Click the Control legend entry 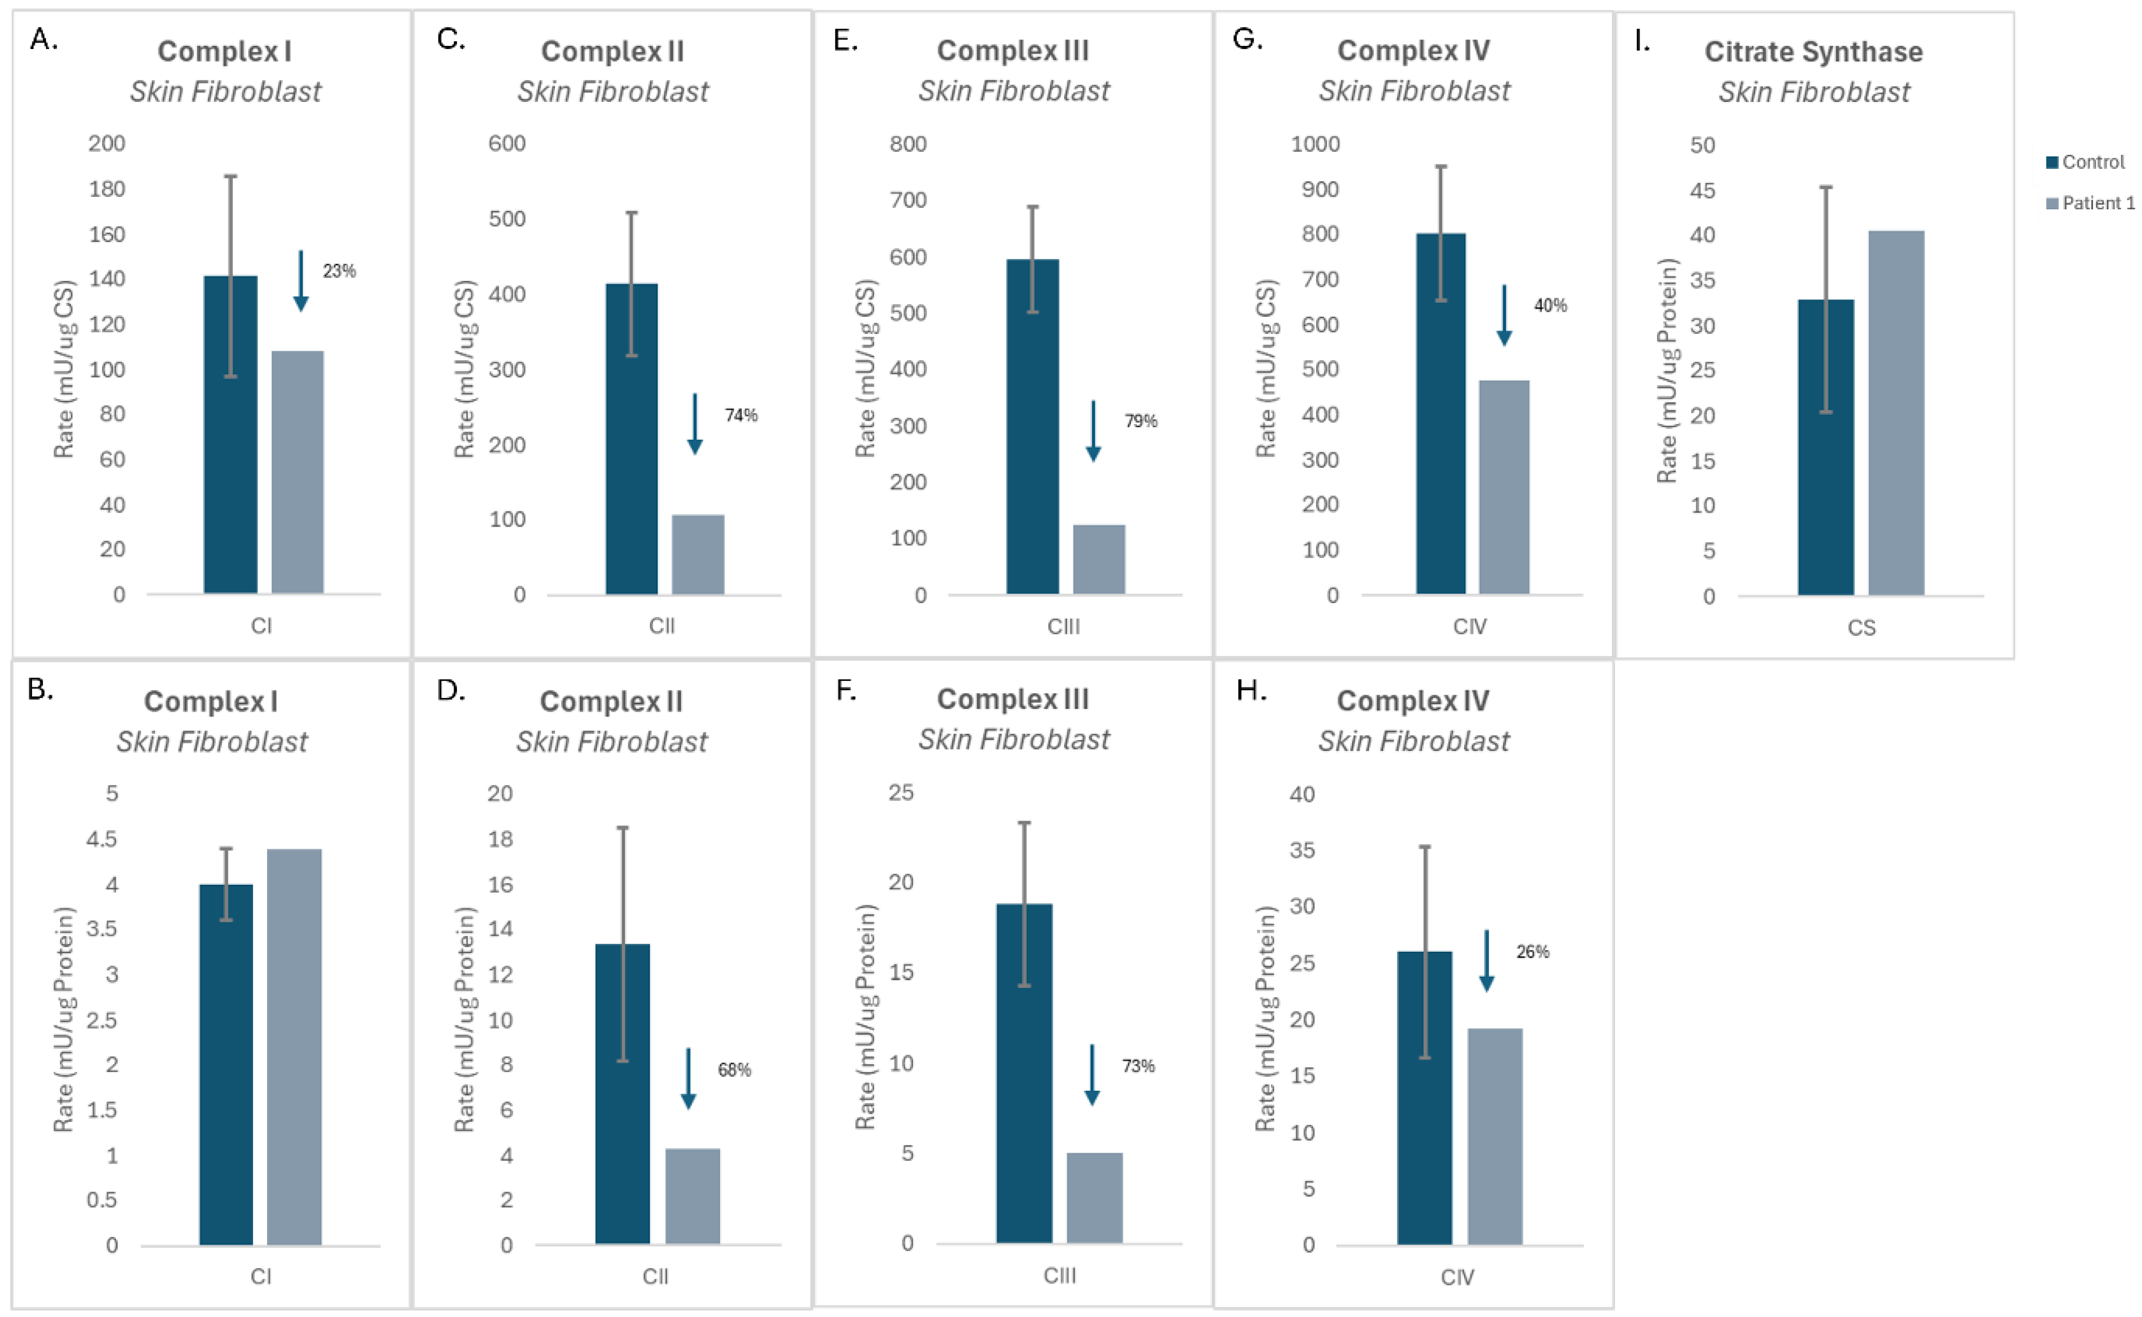click(2085, 162)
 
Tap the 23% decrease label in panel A click(339, 271)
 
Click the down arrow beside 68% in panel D click(688, 1078)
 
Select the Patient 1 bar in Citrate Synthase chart click(1896, 413)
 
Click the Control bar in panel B click(226, 1064)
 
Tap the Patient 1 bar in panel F click(1094, 1198)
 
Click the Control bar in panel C click(632, 439)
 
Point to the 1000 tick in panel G click(1315, 144)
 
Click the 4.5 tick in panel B click(102, 839)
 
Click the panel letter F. click(845, 691)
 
